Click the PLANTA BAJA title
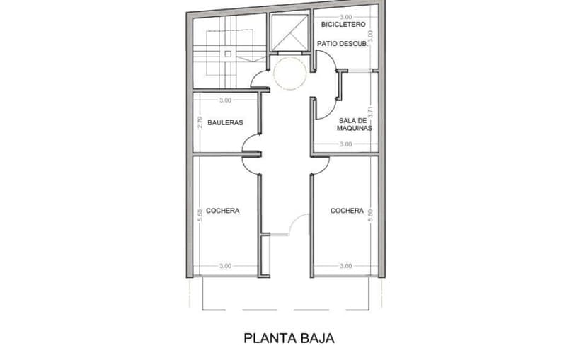click(289, 338)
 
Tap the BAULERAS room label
click(225, 122)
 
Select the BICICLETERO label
click(343, 25)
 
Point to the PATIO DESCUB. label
click(343, 44)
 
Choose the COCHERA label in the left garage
click(223, 211)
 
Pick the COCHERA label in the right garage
click(347, 211)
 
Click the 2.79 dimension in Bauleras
click(200, 122)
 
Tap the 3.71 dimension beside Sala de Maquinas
click(371, 112)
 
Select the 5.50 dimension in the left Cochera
click(200, 215)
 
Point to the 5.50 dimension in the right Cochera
click(371, 215)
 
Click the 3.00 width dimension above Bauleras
click(225, 100)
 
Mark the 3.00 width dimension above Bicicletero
click(346, 17)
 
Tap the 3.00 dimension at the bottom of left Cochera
click(225, 266)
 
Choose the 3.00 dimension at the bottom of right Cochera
click(346, 266)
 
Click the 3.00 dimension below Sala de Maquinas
click(346, 144)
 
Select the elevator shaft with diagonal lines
click(289, 33)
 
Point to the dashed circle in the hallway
click(274, 73)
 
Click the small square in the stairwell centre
click(228, 54)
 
